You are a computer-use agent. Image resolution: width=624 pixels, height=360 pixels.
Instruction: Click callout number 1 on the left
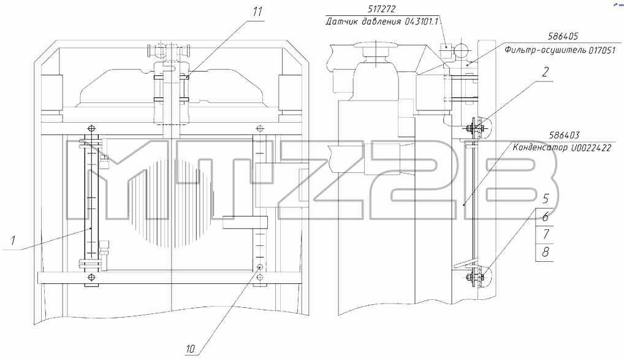click(x=13, y=240)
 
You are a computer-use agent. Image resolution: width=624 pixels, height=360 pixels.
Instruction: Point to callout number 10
click(x=191, y=349)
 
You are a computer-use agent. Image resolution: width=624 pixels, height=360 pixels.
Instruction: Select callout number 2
click(x=545, y=72)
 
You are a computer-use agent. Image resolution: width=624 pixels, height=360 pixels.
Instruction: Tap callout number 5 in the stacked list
click(x=546, y=198)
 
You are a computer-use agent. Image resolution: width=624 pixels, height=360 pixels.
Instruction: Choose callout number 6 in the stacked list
click(x=546, y=216)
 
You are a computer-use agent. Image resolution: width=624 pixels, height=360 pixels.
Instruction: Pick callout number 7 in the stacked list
click(x=546, y=234)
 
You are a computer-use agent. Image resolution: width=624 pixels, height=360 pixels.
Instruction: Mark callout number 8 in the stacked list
click(x=546, y=251)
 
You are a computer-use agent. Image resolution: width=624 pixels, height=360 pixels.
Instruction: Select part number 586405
click(x=563, y=36)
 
